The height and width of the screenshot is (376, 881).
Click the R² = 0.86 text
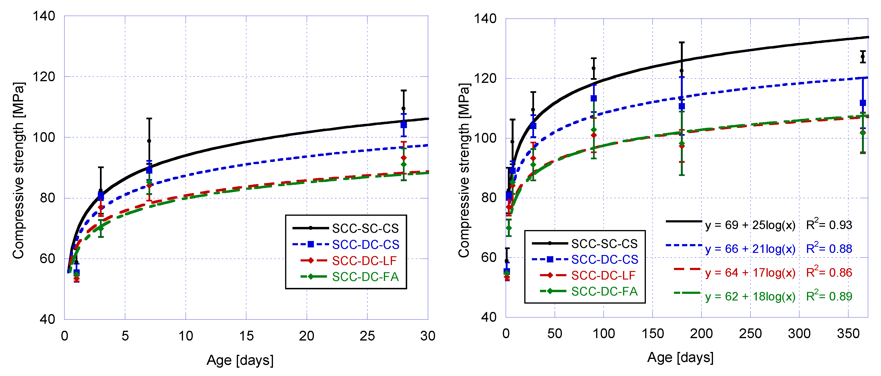point(829,272)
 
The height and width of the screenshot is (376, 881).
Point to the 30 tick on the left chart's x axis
point(427,336)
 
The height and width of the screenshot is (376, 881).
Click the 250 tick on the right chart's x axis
point(750,334)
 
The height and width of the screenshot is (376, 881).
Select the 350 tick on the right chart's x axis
point(848,334)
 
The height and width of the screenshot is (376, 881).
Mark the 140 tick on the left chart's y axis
point(44,16)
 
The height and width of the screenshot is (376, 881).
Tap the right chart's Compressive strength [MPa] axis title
point(464,170)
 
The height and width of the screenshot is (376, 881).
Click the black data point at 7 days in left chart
point(149,141)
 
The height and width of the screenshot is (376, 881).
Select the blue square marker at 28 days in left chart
point(404,125)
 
